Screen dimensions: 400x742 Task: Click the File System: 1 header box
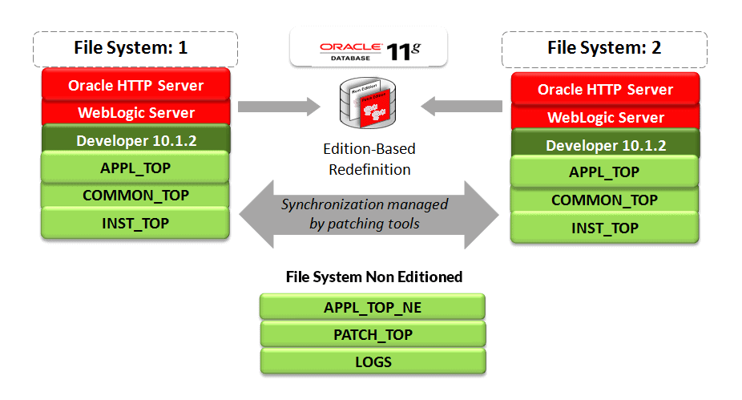135,48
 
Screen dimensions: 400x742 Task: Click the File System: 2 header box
604,48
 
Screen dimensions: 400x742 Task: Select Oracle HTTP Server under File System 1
135,85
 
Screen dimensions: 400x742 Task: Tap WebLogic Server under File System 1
135,112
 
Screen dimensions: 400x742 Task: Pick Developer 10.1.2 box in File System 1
135,140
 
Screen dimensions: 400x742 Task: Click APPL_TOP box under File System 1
135,168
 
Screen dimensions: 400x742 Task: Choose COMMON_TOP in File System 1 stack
135,195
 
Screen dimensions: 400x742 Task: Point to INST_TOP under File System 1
135,223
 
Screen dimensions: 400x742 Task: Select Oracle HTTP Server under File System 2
605,89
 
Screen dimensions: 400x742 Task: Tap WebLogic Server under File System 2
605,117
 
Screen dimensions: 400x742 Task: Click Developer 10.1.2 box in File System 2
605,145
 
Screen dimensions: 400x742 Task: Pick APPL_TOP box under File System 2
605,172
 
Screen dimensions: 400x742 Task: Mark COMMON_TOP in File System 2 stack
605,200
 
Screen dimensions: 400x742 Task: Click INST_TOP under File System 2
605,228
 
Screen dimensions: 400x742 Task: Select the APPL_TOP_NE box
373,307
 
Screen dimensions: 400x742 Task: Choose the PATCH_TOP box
373,334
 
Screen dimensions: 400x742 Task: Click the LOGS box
373,362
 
